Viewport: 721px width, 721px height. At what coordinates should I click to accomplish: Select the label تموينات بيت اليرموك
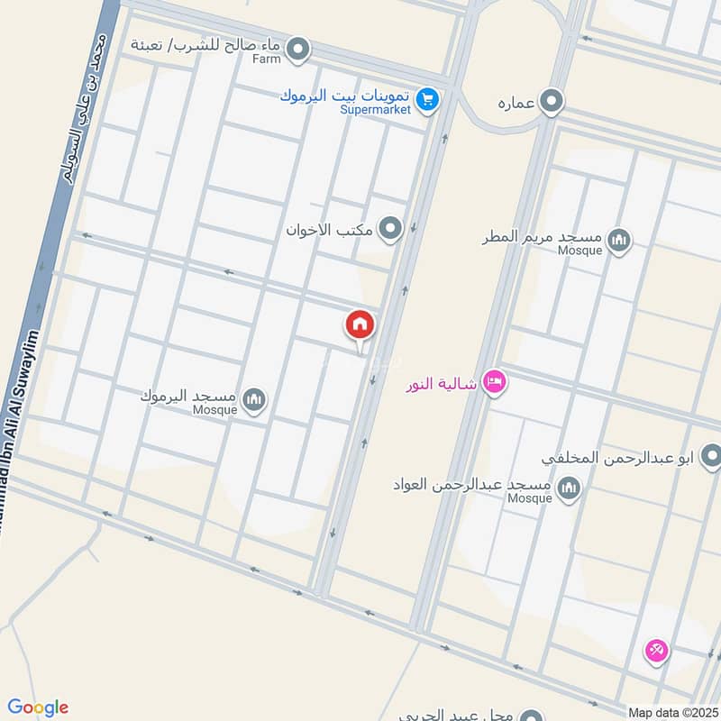pyautogui.click(x=347, y=95)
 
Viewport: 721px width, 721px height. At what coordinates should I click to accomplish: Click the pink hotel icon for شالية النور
pyautogui.click(x=494, y=384)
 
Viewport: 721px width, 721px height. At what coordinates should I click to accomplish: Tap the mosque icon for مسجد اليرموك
pyautogui.click(x=255, y=399)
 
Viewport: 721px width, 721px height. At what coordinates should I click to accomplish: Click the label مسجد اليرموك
pyautogui.click(x=188, y=396)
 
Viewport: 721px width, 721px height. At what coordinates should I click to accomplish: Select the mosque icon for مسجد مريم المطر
pyautogui.click(x=618, y=240)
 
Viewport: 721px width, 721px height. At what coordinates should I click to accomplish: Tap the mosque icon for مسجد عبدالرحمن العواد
pyautogui.click(x=569, y=489)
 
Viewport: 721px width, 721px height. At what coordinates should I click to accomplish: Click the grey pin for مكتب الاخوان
pyautogui.click(x=390, y=229)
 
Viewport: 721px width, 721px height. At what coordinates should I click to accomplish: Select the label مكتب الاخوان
pyautogui.click(x=330, y=230)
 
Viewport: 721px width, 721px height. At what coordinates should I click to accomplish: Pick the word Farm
pyautogui.click(x=267, y=59)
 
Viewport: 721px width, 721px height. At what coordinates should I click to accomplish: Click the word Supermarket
pyautogui.click(x=375, y=110)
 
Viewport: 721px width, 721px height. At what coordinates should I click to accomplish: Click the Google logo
pyautogui.click(x=38, y=707)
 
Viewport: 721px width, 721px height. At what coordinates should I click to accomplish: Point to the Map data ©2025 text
pyautogui.click(x=672, y=713)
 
